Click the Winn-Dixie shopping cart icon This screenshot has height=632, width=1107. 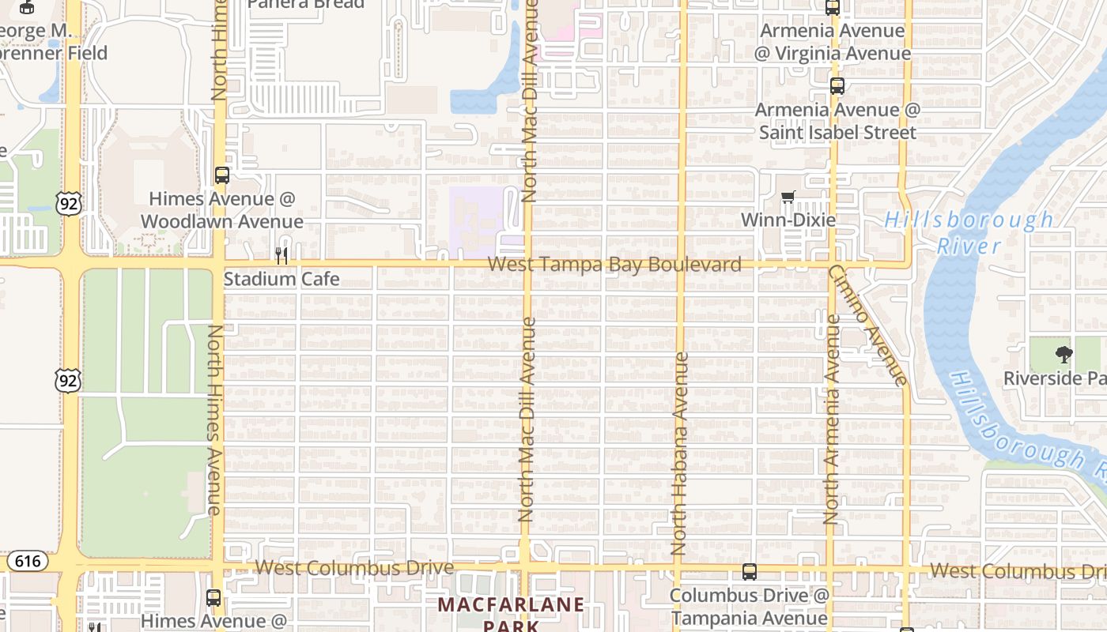[x=788, y=197]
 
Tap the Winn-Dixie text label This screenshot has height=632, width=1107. [x=788, y=220]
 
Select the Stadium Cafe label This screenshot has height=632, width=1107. [x=281, y=279]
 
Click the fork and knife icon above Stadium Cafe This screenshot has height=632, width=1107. [x=281, y=255]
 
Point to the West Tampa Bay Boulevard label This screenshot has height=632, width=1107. [x=614, y=265]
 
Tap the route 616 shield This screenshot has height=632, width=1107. [x=28, y=561]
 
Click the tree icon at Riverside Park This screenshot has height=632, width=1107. [x=1064, y=355]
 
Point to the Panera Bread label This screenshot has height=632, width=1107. [x=306, y=4]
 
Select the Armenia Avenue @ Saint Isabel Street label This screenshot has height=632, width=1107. [x=837, y=121]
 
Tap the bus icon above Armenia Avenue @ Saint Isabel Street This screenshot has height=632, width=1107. [x=837, y=86]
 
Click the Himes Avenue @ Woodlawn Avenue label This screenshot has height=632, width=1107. [x=222, y=210]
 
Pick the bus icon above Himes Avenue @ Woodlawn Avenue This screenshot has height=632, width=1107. [x=222, y=175]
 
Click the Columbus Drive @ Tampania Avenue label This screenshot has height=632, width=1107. [x=749, y=607]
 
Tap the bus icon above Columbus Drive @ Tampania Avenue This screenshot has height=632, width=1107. [x=749, y=571]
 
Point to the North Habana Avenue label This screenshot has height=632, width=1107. [x=679, y=453]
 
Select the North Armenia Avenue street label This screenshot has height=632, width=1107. [x=831, y=419]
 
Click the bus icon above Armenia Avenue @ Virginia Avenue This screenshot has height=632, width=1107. [x=833, y=7]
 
